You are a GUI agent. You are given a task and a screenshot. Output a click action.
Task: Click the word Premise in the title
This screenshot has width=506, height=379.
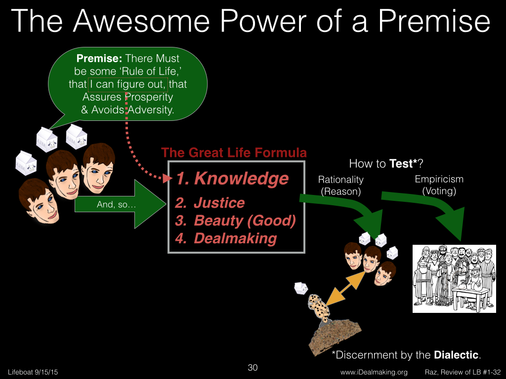(x=434, y=21)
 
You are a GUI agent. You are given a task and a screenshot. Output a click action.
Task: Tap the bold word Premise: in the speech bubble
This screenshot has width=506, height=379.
(x=99, y=58)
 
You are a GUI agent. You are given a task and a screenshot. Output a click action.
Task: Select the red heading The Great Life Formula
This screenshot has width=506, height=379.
(x=234, y=152)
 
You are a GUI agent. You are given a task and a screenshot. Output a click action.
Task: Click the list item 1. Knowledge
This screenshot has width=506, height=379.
(x=232, y=179)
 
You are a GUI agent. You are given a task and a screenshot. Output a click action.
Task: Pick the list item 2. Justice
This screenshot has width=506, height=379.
(x=210, y=203)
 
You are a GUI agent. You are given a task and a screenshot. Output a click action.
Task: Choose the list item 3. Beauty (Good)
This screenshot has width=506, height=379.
(x=235, y=221)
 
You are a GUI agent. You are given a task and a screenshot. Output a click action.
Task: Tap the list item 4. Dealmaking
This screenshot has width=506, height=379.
(x=226, y=238)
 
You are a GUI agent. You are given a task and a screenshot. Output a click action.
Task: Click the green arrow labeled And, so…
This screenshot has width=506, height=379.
(x=121, y=204)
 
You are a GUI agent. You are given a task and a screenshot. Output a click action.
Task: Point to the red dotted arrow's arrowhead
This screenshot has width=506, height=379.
(x=168, y=178)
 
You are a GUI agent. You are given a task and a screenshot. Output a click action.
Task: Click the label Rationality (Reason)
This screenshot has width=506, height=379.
(x=341, y=186)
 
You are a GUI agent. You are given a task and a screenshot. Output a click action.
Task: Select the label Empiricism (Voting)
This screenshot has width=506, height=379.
(x=439, y=185)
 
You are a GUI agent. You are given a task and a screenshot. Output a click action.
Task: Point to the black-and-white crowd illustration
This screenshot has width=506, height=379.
(x=455, y=279)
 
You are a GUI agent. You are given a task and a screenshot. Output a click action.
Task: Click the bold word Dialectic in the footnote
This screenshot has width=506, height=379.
(x=456, y=355)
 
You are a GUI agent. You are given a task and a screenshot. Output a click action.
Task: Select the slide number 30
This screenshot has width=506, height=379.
(x=253, y=367)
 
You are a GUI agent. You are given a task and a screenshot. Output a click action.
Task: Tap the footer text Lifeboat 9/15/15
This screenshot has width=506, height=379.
(x=33, y=372)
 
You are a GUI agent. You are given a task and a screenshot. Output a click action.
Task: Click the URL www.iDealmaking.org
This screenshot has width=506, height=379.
(x=374, y=372)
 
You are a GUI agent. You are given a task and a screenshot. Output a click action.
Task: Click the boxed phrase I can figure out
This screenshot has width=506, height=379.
(x=128, y=84)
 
